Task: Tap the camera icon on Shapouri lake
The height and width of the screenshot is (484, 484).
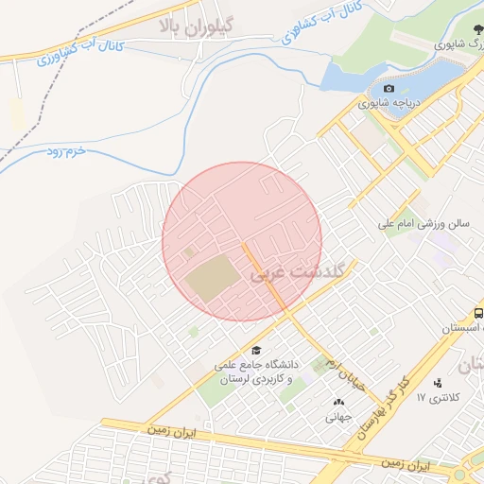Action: tap(389, 88)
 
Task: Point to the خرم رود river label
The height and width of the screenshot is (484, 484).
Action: tap(67, 153)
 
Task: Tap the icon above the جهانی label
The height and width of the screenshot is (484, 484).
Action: tap(338, 403)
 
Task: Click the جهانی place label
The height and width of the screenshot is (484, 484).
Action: tap(338, 416)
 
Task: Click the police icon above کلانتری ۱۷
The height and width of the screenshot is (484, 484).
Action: tap(437, 383)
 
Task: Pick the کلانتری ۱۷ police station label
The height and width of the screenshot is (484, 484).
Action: tap(437, 397)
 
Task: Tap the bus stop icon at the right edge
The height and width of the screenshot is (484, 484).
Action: tap(478, 314)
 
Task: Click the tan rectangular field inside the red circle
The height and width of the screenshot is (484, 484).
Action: tap(214, 280)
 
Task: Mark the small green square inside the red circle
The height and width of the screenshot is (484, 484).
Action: tap(187, 252)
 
